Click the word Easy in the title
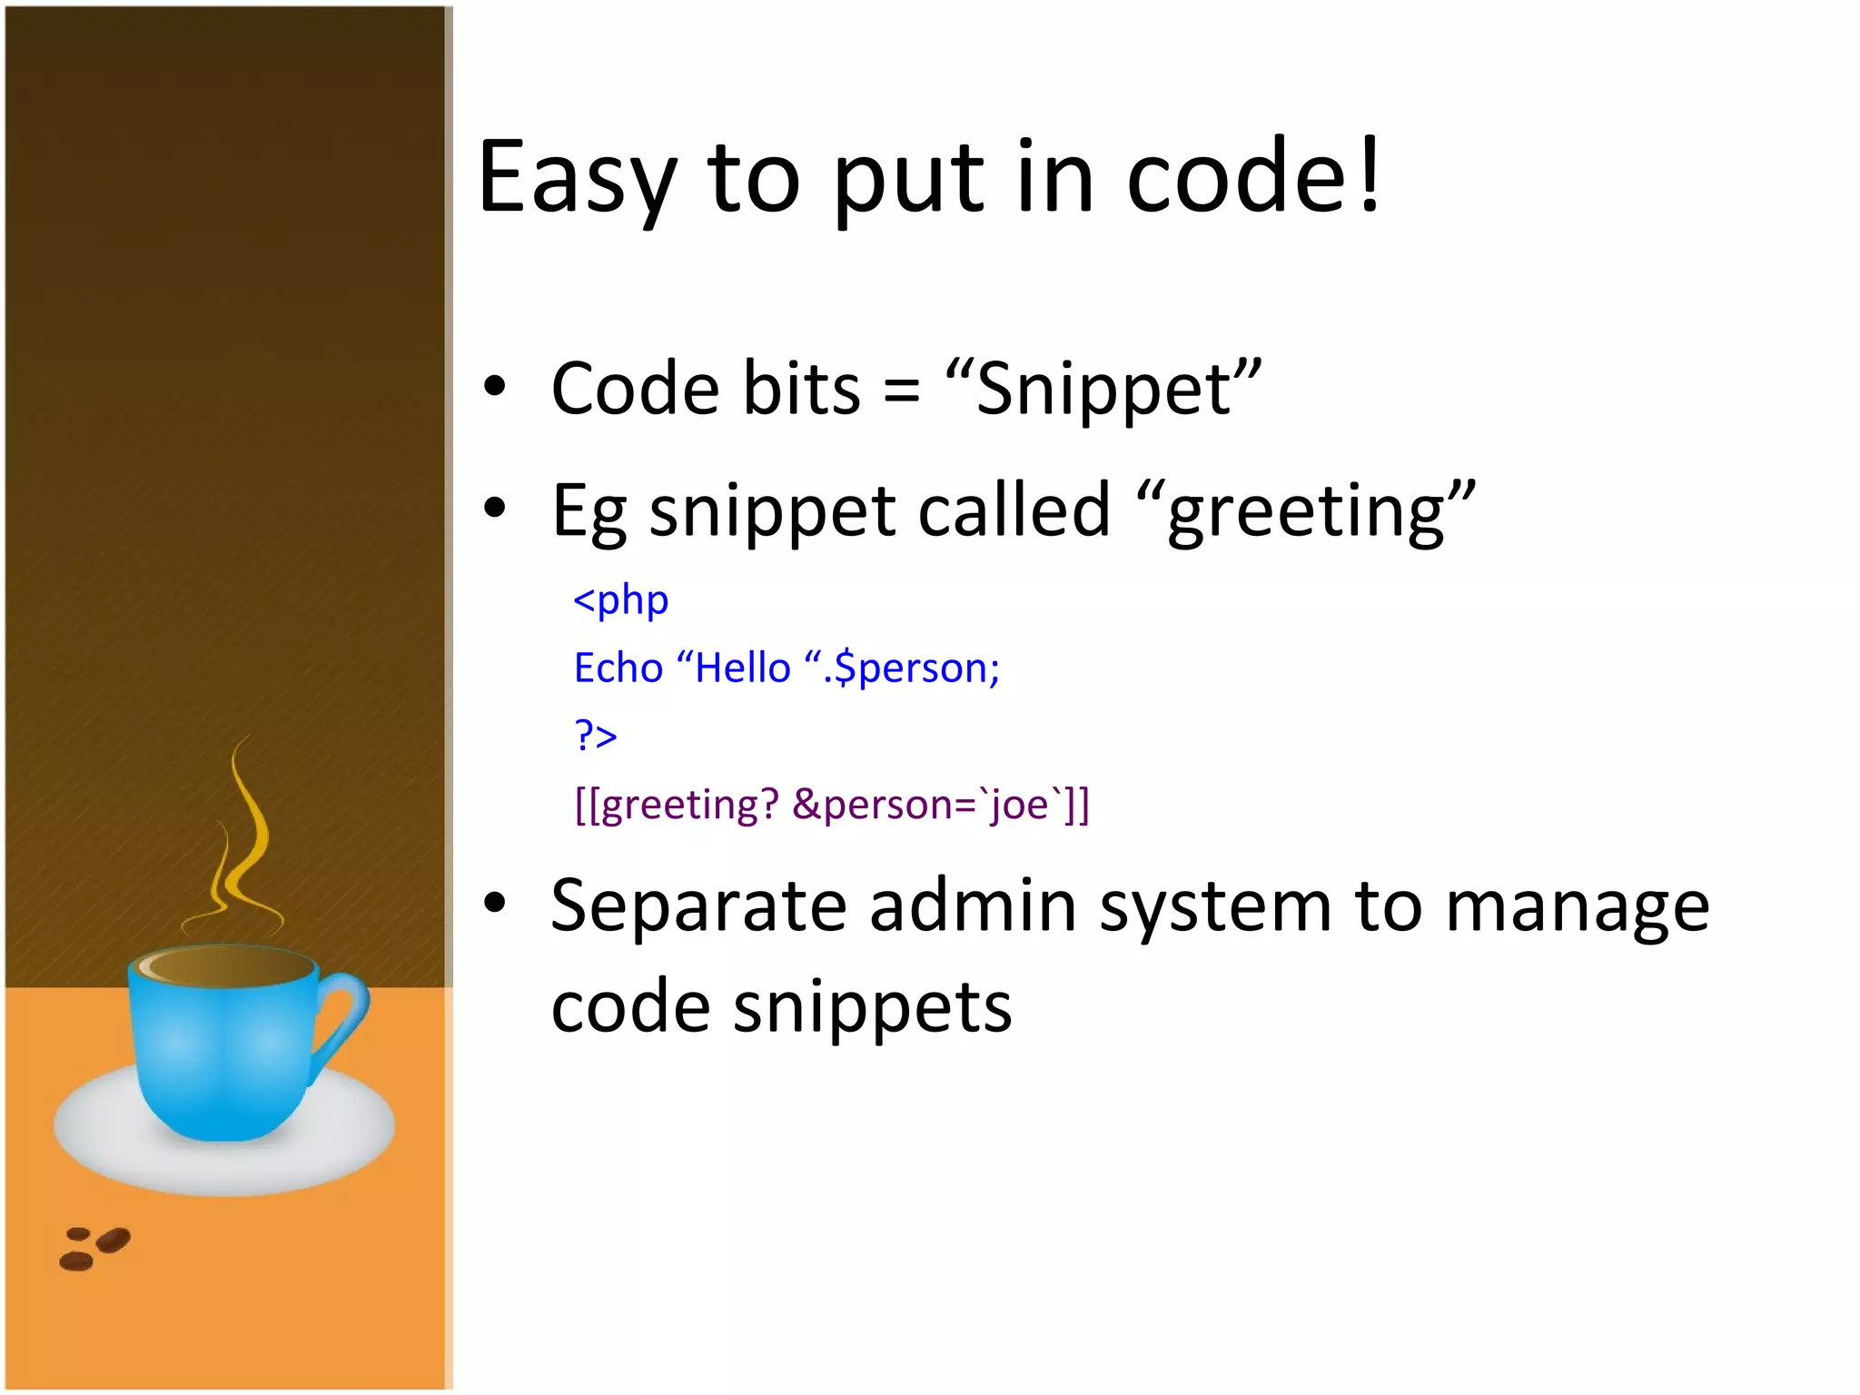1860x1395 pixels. point(577,179)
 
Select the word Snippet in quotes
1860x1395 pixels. point(1103,390)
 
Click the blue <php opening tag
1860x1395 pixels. point(621,600)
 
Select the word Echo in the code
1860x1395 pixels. point(618,668)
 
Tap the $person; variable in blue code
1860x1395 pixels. point(916,669)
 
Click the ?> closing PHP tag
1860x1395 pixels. point(596,734)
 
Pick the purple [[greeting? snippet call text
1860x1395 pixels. point(678,805)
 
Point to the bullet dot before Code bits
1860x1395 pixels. point(494,387)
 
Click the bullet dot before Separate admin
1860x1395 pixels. point(494,903)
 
